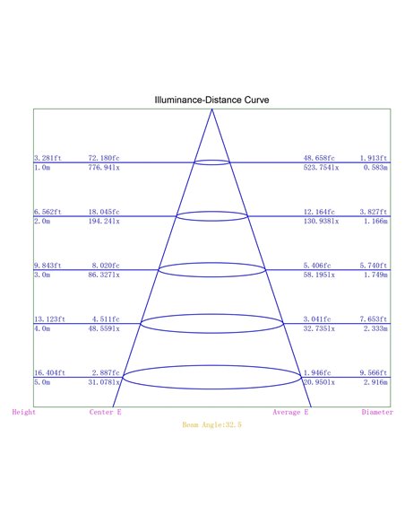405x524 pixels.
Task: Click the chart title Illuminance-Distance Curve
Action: [211, 100]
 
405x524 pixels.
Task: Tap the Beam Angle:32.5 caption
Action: [211, 424]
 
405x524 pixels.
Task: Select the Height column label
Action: [23, 412]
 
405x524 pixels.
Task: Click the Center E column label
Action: [106, 412]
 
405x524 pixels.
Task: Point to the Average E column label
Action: [290, 412]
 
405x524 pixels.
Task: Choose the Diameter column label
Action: [377, 412]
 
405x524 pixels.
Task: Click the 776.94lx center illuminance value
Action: [104, 168]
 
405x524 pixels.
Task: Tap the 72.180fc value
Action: [104, 158]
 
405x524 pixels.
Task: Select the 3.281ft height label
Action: [47, 158]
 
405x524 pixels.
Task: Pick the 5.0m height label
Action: [42, 382]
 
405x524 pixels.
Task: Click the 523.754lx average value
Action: [321, 168]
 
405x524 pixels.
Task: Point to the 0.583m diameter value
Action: [375, 168]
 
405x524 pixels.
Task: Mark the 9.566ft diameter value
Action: [374, 372]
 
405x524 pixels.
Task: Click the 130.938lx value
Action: [321, 222]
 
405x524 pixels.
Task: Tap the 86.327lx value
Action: [104, 275]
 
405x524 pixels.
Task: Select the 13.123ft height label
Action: [49, 319]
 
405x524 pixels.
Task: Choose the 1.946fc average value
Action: [317, 372]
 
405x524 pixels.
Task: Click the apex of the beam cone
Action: [211, 109]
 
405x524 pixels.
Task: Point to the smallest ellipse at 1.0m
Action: [211, 160]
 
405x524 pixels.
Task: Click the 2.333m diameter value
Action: [375, 328]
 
